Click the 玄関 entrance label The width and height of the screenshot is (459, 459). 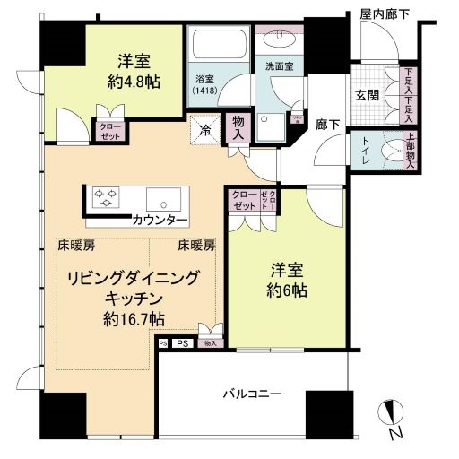click(x=368, y=95)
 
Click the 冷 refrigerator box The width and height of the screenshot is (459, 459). click(x=204, y=129)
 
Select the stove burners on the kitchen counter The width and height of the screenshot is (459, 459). click(x=106, y=196)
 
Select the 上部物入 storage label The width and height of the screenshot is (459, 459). click(x=410, y=152)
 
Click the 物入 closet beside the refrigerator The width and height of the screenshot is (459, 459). click(x=238, y=126)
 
